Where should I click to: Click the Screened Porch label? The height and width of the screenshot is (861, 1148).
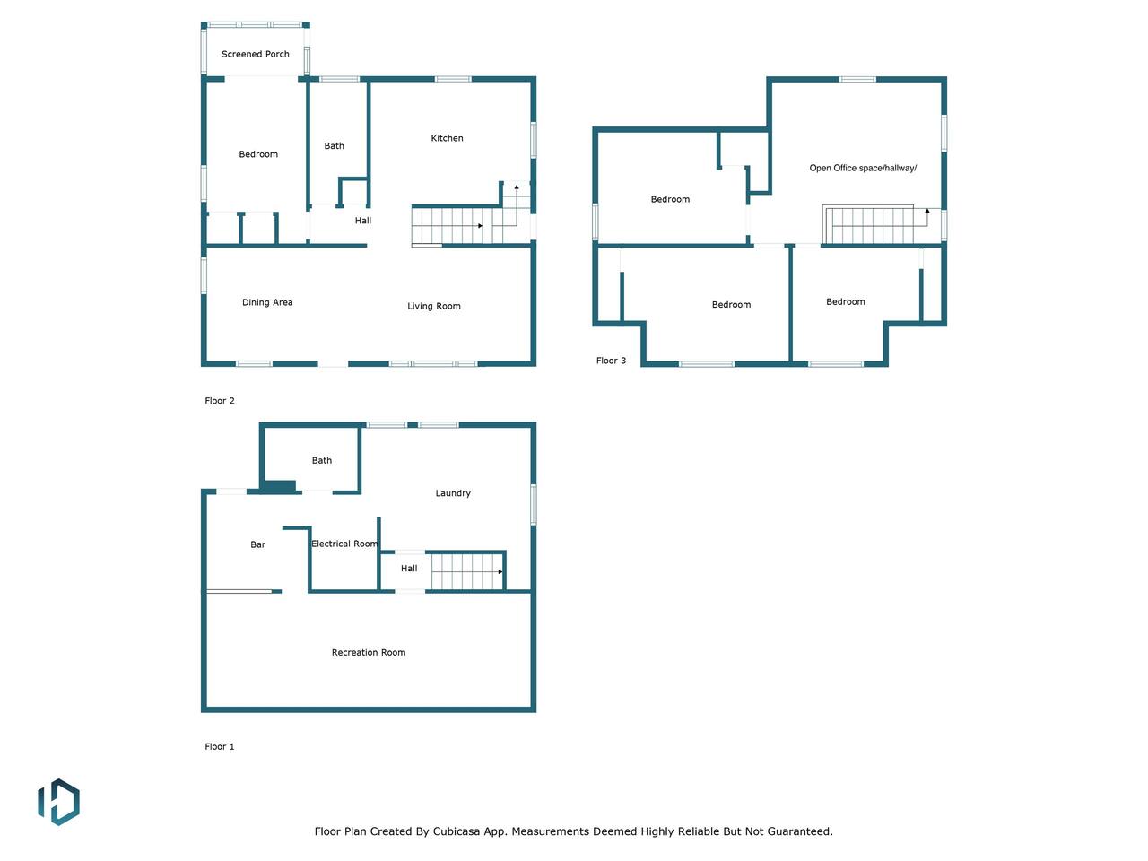(x=256, y=54)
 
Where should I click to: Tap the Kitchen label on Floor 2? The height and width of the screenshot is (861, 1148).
(x=447, y=138)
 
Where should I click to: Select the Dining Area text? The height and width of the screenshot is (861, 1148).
(x=267, y=302)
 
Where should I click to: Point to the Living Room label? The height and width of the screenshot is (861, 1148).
(x=433, y=306)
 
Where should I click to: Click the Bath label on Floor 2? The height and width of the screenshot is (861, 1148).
(x=334, y=146)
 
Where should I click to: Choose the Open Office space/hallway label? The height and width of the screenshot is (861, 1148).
(x=863, y=168)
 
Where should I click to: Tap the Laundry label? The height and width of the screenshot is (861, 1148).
(x=453, y=493)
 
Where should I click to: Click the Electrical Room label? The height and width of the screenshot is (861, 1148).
(x=344, y=544)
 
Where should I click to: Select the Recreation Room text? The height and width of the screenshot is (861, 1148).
(x=369, y=652)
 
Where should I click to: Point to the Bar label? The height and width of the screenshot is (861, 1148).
(x=257, y=544)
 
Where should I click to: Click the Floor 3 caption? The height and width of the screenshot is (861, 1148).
(x=611, y=361)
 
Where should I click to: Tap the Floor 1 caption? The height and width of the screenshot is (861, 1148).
(x=219, y=746)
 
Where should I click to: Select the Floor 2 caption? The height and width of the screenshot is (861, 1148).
(x=219, y=400)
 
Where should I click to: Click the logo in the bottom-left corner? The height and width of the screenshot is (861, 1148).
(x=58, y=802)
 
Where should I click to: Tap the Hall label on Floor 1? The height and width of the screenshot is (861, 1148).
(x=409, y=569)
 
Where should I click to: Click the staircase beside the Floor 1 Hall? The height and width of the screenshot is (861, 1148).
(x=467, y=572)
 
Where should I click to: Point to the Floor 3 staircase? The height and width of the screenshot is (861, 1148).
(x=875, y=225)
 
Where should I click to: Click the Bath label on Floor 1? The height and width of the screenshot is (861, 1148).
(x=322, y=461)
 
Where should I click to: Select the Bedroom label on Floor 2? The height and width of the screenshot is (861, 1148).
(x=258, y=154)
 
